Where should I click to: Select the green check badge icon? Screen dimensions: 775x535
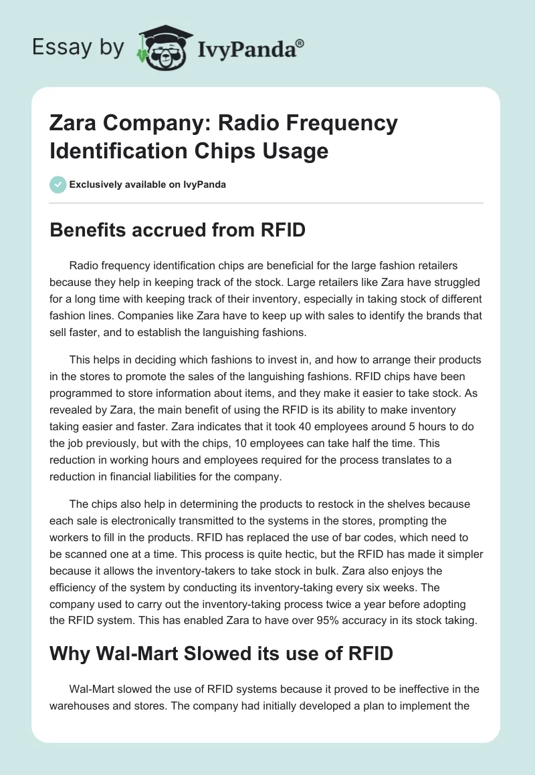58,184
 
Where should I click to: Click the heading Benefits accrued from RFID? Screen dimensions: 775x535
178,230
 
